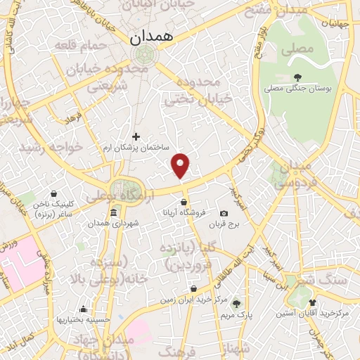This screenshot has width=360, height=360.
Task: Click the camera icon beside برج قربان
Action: [x=224, y=213]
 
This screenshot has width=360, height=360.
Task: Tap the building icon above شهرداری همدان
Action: [x=113, y=213]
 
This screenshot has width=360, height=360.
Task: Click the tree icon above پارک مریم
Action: [x=237, y=303]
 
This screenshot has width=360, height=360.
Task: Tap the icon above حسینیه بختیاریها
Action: [x=84, y=308]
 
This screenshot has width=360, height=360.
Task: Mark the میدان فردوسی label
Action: [x=295, y=176]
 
